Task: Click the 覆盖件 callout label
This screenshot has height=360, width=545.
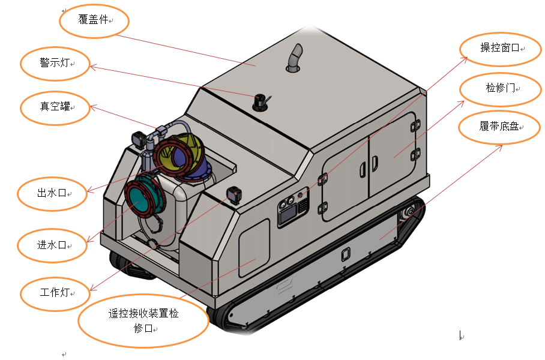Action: pyautogui.click(x=93, y=19)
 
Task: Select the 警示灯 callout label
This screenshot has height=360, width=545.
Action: pyautogui.click(x=55, y=62)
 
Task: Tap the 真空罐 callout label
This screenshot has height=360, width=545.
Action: pyautogui.click(x=55, y=106)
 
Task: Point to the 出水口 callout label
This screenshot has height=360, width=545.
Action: pyautogui.click(x=52, y=193)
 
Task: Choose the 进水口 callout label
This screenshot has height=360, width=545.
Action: pyautogui.click(x=52, y=245)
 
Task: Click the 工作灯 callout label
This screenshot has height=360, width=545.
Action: pyautogui.click(x=55, y=292)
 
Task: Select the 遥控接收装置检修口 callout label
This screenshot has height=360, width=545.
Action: pyautogui.click(x=143, y=320)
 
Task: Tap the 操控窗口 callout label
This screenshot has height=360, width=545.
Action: pyautogui.click(x=500, y=47)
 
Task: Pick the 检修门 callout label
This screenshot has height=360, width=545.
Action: pyautogui.click(x=500, y=88)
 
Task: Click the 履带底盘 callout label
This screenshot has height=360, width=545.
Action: pyautogui.click(x=499, y=126)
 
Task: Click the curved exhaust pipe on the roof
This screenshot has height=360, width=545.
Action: pyautogui.click(x=295, y=58)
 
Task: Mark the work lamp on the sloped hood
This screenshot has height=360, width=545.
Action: pyautogui.click(x=233, y=194)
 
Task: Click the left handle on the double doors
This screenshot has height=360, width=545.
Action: pyautogui.click(x=362, y=170)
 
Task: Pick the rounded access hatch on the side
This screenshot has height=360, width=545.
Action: pyautogui.click(x=254, y=248)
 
